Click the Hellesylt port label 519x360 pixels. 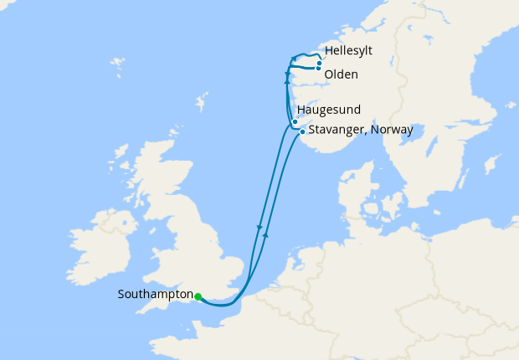pyautogui.click(x=347, y=51)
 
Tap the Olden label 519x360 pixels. pyautogui.click(x=341, y=75)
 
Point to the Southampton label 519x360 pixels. pyautogui.click(x=155, y=295)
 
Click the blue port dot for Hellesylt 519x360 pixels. pyautogui.click(x=320, y=63)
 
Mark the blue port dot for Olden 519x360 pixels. pyautogui.click(x=318, y=69)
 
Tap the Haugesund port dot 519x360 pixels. pyautogui.click(x=295, y=122)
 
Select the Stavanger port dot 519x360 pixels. pyautogui.click(x=302, y=131)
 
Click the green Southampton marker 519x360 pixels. pyautogui.click(x=198, y=296)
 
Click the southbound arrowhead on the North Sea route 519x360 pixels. pyautogui.click(x=260, y=227)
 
